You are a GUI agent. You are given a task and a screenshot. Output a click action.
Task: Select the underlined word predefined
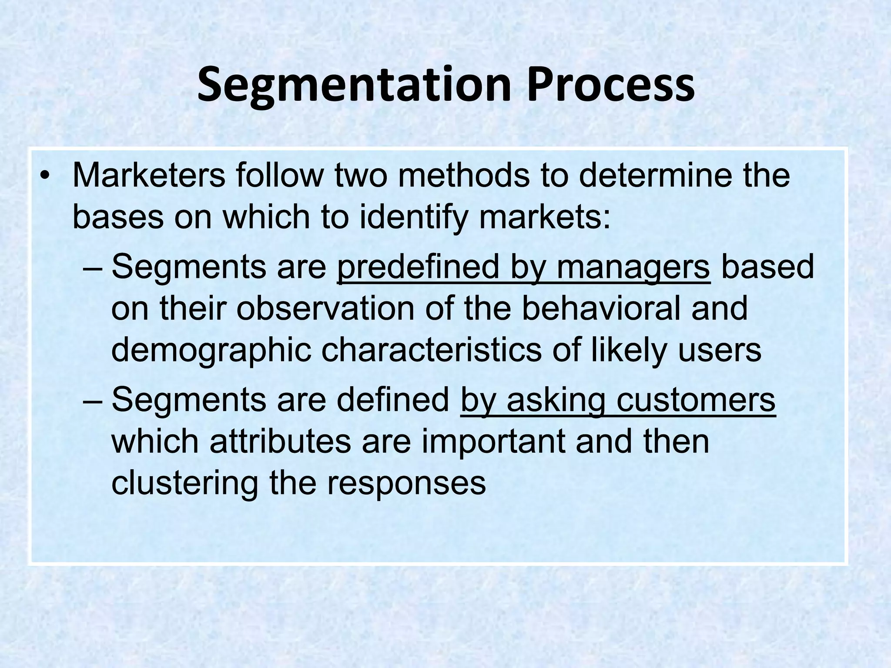(x=418, y=267)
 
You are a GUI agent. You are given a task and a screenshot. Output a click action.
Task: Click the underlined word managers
(x=633, y=267)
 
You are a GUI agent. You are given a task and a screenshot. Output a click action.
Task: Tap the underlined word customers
(x=696, y=400)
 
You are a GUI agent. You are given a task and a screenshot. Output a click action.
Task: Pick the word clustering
(x=185, y=483)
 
